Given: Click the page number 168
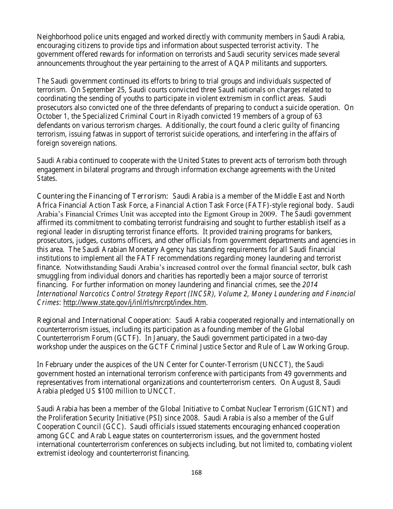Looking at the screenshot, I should [x=196, y=472].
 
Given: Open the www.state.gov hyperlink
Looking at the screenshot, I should [x=134, y=303].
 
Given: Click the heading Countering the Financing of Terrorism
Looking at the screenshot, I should [x=102, y=196].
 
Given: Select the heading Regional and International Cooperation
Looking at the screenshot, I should [x=104, y=320].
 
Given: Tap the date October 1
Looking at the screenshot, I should [x=52, y=116].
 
